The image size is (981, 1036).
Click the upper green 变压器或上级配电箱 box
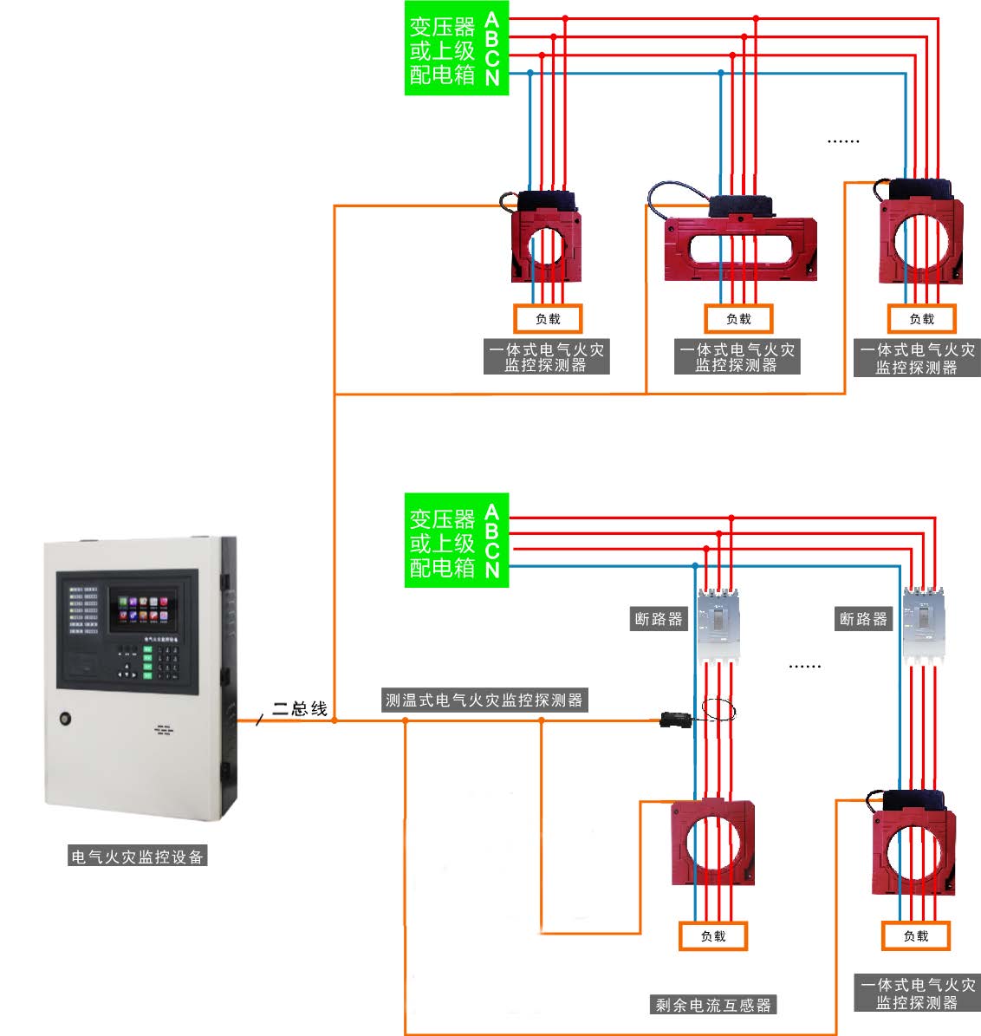coord(456,49)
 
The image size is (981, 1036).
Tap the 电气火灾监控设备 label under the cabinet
coord(138,857)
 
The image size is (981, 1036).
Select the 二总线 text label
coord(300,708)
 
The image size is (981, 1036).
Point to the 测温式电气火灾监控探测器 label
coord(484,700)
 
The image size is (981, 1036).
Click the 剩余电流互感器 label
coord(713,1005)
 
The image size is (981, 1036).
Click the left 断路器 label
coord(659,619)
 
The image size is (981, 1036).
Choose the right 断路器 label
coord(863,619)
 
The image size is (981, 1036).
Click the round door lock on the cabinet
coord(66,718)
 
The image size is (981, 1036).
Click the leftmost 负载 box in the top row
coord(548,319)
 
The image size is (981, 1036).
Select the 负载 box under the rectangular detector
coord(738,319)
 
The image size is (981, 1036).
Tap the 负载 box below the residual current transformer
coord(713,936)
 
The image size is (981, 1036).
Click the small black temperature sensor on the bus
coord(675,720)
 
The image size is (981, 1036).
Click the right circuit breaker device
coord(922,626)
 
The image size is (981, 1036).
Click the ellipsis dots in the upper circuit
coord(843,140)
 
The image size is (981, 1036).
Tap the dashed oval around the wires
coord(718,711)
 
